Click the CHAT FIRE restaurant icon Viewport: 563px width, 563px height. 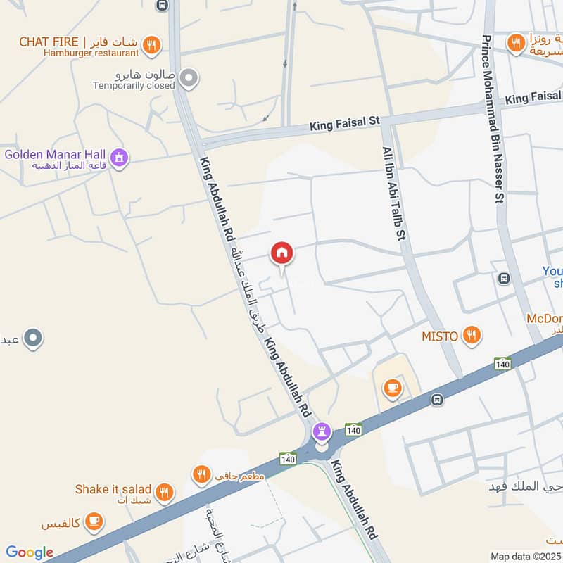151,46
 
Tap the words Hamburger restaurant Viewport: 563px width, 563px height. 89,53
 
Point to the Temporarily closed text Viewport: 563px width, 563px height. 134,86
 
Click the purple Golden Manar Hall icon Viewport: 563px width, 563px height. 119,157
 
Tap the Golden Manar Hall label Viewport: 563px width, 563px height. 54,154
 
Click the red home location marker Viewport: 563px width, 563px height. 282,253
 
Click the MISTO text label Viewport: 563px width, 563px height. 440,336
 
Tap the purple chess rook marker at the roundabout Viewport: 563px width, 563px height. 322,430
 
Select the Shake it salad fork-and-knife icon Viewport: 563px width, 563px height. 165,492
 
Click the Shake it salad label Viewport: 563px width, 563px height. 113,489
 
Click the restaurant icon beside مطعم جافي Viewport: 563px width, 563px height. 202,475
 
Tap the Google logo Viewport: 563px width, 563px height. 30,553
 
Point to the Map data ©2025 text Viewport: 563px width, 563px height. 526,557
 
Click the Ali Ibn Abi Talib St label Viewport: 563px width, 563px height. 395,194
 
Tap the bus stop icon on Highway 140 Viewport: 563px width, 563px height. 437,400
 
